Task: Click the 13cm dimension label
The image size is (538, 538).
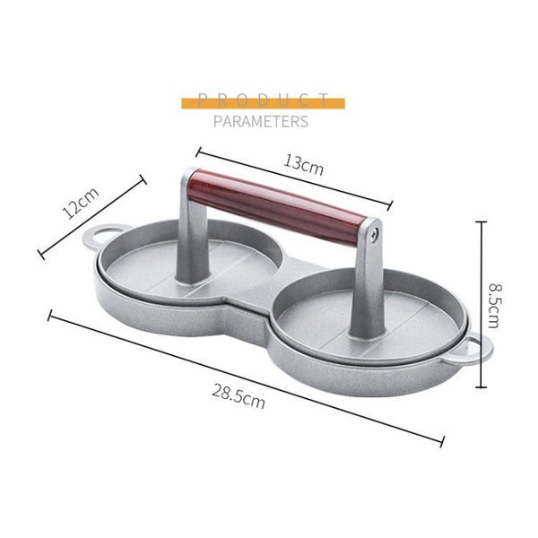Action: pos(304,164)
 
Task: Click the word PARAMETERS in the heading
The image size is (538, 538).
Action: pos(261,121)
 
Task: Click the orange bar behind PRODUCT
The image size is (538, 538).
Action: pos(263,102)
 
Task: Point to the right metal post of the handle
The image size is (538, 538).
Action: pos(367,287)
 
